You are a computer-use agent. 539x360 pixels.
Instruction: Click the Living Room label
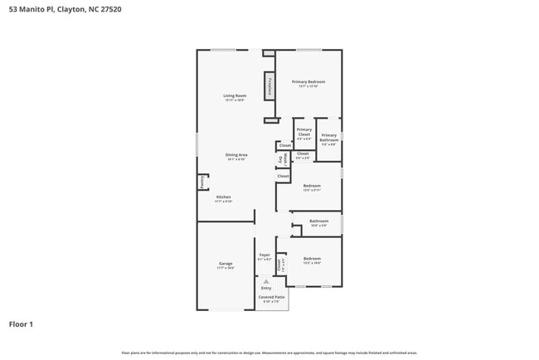[234, 96]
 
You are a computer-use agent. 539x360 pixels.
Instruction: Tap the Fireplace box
[269, 86]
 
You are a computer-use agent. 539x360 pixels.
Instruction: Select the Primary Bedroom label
[308, 82]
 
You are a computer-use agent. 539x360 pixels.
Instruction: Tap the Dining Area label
[236, 155]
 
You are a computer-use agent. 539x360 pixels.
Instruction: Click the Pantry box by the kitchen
[201, 182]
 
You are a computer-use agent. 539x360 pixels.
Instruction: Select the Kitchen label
[223, 197]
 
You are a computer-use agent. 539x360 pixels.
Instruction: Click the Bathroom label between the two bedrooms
[319, 221]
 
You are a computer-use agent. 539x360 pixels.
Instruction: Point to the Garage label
[226, 264]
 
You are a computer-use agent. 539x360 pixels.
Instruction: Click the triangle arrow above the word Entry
[266, 281]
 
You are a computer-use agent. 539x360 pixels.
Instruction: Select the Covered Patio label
[272, 297]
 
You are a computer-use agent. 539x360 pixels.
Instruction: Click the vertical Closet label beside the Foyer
[280, 265]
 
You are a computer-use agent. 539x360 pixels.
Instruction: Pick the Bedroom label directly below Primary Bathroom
[312, 186]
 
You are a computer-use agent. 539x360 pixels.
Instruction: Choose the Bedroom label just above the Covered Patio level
[312, 259]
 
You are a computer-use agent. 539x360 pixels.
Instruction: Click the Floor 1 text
[21, 324]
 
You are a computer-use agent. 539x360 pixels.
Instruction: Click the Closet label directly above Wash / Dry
[284, 145]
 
